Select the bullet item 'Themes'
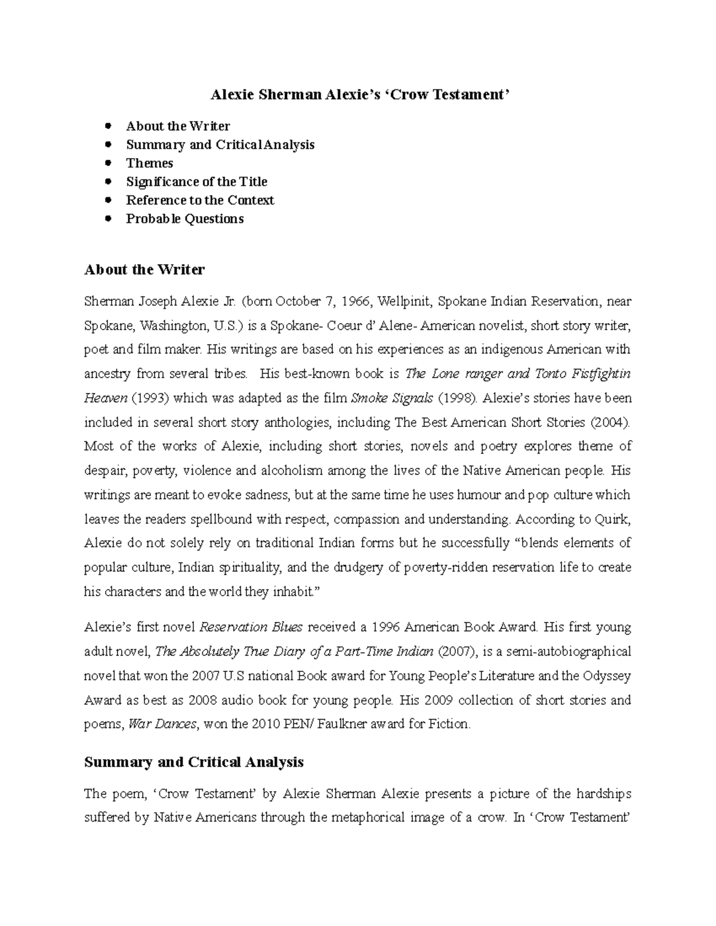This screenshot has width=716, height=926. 149,163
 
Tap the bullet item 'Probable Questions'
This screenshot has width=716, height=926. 184,219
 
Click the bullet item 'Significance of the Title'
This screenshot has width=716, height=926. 196,182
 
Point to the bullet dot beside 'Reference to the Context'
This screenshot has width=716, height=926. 108,200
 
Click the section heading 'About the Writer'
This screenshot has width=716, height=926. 144,270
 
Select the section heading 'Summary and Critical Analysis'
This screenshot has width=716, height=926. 194,762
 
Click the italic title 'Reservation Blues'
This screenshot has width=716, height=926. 251,627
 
